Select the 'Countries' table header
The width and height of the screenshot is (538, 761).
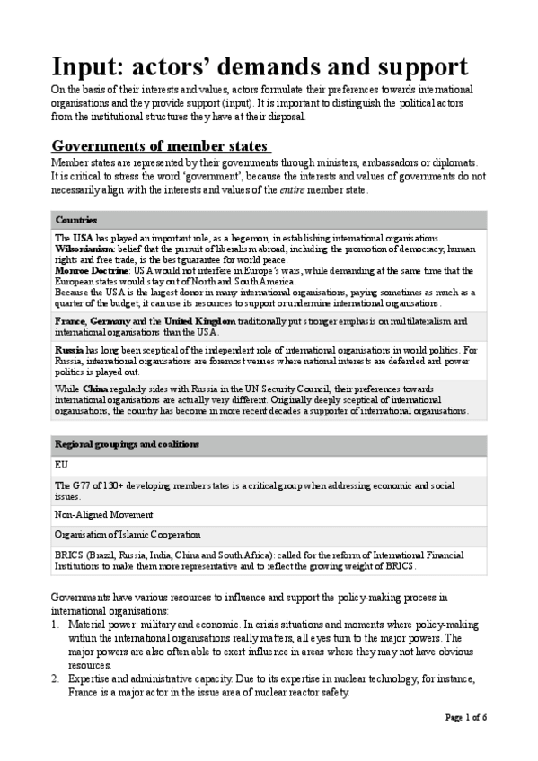[76, 220]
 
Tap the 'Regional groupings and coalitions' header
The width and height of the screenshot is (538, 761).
[127, 445]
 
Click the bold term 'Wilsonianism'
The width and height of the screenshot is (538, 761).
[84, 248]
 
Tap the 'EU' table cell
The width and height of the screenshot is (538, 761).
[61, 466]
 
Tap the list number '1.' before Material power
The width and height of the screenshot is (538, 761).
[56, 624]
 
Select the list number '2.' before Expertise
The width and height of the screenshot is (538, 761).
[56, 679]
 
